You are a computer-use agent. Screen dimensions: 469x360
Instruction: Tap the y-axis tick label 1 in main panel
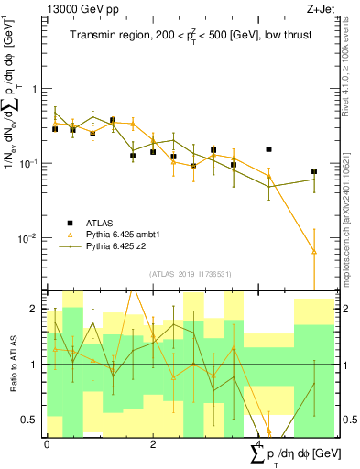pyautogui.click(x=38, y=89)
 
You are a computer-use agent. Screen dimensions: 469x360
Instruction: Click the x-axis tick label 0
pyautogui.click(x=47, y=445)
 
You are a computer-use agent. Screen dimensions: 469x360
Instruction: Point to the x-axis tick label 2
pyautogui.click(x=152, y=445)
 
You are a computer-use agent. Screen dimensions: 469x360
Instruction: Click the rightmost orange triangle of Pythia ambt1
pyautogui.click(x=314, y=251)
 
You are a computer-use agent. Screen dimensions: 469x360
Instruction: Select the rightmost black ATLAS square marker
pyautogui.click(x=314, y=171)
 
